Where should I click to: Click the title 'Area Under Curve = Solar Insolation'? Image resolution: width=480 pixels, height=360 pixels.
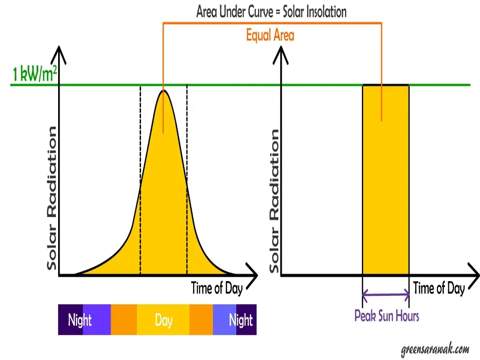(x=271, y=11)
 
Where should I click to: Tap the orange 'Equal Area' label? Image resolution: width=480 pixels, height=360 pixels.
(x=270, y=35)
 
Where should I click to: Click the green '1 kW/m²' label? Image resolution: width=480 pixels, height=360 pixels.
(x=35, y=74)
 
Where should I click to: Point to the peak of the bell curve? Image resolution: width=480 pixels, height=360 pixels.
(x=163, y=91)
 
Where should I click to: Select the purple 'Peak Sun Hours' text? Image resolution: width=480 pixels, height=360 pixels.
(x=387, y=315)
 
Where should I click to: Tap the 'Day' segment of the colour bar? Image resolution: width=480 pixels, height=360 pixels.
(x=164, y=320)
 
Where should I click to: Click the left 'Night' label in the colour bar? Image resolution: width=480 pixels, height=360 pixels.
(x=80, y=320)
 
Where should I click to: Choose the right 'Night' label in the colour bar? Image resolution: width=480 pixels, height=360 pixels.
(x=240, y=320)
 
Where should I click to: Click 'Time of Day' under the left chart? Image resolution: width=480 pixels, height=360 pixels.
(x=217, y=288)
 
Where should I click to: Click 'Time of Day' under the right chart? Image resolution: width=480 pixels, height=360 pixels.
(x=439, y=288)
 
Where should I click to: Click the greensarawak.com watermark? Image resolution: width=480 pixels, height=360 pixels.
(x=435, y=349)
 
